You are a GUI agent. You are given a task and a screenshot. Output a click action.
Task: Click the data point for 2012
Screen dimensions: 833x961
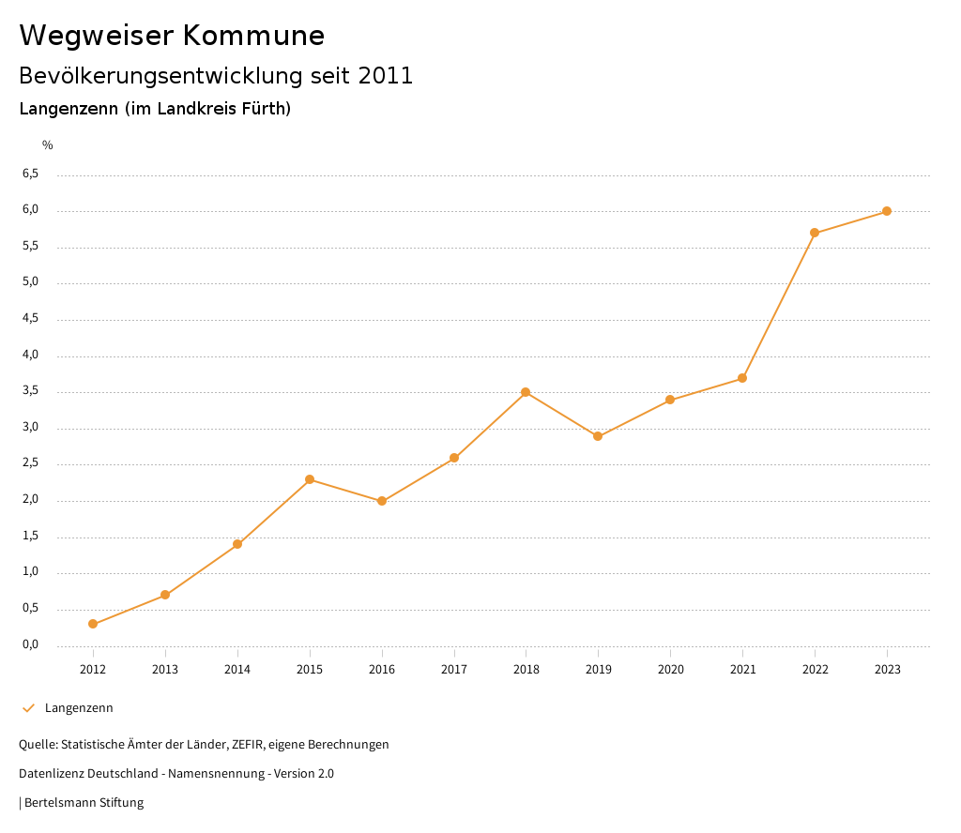click(93, 624)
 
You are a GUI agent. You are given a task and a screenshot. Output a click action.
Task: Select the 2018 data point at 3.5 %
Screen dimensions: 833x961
click(526, 392)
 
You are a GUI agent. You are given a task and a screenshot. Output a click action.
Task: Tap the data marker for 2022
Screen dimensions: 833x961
click(815, 233)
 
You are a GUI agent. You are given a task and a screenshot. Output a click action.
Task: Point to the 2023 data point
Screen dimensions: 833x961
click(887, 211)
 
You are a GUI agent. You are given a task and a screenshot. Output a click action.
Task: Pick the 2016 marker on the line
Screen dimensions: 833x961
click(382, 501)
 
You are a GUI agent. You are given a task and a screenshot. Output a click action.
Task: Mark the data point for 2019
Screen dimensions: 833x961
click(598, 436)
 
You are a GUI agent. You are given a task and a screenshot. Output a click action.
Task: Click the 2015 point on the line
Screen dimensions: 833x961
click(310, 479)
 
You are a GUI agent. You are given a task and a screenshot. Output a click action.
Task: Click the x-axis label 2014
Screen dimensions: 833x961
click(237, 670)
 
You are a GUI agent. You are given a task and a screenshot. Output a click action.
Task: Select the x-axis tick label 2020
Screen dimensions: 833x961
click(670, 670)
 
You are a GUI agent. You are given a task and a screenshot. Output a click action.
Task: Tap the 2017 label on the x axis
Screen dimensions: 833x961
click(454, 670)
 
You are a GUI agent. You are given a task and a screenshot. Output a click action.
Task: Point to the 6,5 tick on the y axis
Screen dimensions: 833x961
click(30, 174)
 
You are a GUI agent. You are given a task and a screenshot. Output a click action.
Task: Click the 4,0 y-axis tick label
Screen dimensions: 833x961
click(30, 355)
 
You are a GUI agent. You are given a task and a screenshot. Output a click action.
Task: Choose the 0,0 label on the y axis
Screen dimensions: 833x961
click(30, 644)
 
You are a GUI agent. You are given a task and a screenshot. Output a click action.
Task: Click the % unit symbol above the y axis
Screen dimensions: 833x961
click(48, 145)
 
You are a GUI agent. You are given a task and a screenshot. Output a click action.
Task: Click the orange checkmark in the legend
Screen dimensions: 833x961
click(28, 708)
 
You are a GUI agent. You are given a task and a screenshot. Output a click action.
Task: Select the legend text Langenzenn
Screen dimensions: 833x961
click(79, 708)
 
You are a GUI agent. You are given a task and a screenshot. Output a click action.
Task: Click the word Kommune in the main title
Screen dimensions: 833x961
click(253, 36)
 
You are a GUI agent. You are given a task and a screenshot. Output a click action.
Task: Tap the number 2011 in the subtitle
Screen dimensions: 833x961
click(386, 76)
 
